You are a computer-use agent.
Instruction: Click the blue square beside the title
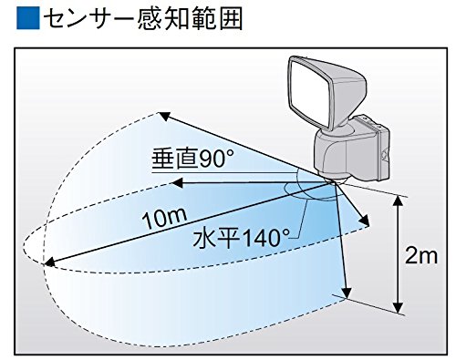pyautogui.click(x=28, y=18)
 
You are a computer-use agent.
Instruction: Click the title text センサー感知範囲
pyautogui.click(x=143, y=18)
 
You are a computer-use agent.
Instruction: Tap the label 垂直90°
pyautogui.click(x=192, y=159)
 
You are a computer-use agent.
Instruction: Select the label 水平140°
pyautogui.click(x=241, y=238)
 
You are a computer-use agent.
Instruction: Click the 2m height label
pyautogui.click(x=421, y=257)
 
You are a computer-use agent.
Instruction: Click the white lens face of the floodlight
pyautogui.click(x=309, y=88)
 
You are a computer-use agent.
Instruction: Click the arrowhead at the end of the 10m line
pyautogui.click(x=49, y=262)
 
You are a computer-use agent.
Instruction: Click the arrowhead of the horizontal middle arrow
pyautogui.click(x=177, y=183)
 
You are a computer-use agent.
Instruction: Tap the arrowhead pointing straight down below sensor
pyautogui.click(x=347, y=293)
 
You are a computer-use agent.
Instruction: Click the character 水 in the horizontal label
pyautogui.click(x=203, y=238)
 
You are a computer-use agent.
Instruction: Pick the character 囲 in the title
pyautogui.click(x=231, y=18)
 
